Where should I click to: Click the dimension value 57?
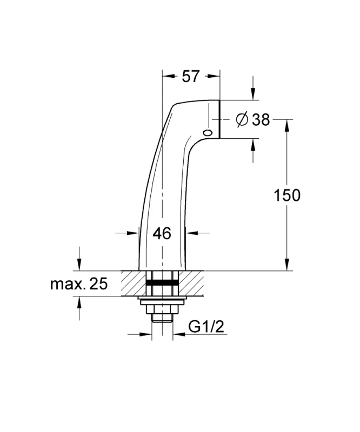(190, 76)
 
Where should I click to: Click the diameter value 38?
(261, 119)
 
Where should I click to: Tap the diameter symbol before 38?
(242, 119)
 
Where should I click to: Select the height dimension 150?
(287, 195)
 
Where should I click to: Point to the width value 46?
(162, 233)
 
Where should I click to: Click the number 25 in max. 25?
(98, 284)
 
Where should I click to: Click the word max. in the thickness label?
(68, 285)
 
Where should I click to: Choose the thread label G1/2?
(206, 327)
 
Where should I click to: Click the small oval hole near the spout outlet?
(207, 133)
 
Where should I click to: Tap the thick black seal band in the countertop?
(162, 282)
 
